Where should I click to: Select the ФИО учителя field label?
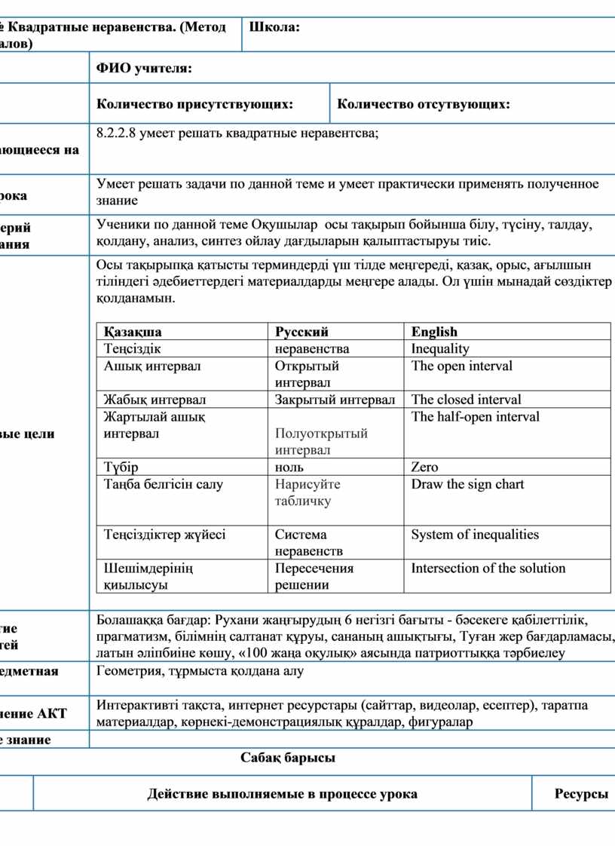tap(144, 69)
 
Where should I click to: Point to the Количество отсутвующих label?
tap(423, 104)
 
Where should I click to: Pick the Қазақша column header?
tap(133, 332)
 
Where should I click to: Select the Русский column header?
tap(301, 332)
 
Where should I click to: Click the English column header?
tap(434, 332)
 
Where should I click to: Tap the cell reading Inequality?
tap(440, 348)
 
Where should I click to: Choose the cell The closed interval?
tap(466, 400)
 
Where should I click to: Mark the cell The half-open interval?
tap(475, 416)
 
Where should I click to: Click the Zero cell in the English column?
tap(424, 467)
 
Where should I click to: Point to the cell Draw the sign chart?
tap(467, 484)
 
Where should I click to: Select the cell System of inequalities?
tap(475, 535)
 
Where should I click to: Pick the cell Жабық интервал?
tap(155, 400)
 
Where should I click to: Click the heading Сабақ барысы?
tap(288, 758)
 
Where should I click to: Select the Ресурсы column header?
tap(581, 794)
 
